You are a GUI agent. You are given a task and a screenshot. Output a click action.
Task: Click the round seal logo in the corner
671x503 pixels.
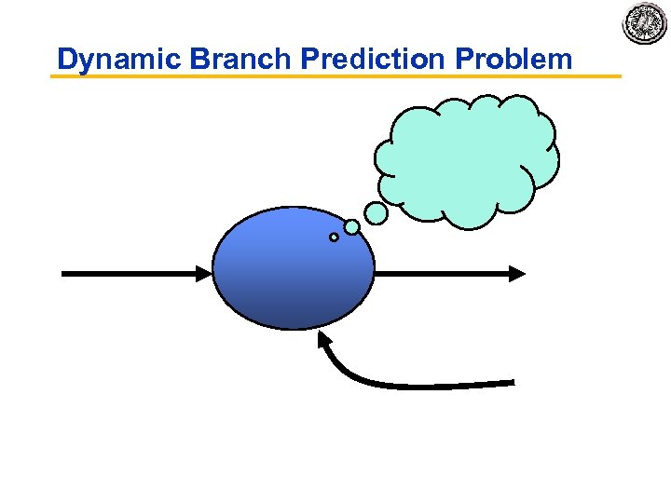tap(646, 22)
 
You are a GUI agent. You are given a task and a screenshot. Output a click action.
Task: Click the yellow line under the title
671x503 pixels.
tap(335, 75)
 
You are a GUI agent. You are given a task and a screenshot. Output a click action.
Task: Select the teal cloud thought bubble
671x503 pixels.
tap(466, 158)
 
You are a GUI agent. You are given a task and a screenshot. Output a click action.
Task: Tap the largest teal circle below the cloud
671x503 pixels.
tap(376, 213)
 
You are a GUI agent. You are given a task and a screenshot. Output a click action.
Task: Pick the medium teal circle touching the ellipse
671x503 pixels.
tap(351, 226)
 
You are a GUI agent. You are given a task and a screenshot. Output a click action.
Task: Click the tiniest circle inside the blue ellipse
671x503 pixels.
tap(334, 238)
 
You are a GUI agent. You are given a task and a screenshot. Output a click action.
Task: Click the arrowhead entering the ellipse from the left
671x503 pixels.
tap(204, 273)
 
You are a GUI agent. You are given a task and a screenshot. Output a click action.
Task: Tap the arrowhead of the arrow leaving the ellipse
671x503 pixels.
tap(516, 273)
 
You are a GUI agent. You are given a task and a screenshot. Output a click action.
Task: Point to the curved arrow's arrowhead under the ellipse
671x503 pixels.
tap(324, 340)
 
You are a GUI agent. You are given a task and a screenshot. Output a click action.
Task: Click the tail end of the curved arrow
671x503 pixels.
tap(512, 381)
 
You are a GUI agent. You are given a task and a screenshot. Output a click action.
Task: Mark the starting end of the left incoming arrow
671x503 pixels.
tap(63, 273)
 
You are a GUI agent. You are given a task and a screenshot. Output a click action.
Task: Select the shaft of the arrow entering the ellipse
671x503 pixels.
tap(130, 273)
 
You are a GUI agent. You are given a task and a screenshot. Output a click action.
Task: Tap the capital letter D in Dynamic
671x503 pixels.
tap(66, 60)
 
